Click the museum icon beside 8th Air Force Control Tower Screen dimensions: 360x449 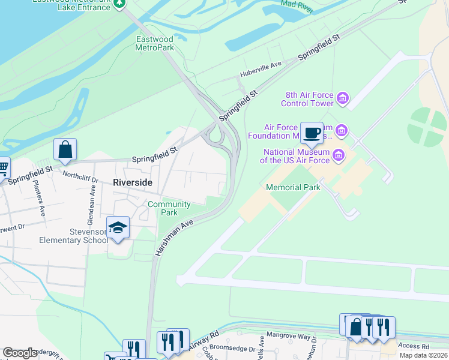pos(343,98)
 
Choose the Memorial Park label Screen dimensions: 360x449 pos(293,187)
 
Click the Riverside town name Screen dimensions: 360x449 pos(133,182)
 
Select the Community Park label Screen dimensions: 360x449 pos(169,208)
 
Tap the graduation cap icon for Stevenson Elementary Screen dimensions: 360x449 pos(118,228)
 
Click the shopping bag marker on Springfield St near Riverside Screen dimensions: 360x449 pos(65,149)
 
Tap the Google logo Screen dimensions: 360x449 pos(20,353)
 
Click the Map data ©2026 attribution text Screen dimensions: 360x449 pos(423,355)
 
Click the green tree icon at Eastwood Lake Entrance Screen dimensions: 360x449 pos(119,3)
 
